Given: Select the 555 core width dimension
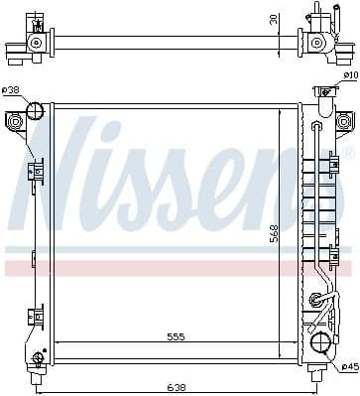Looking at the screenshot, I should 176,337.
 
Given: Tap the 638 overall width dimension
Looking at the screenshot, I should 180,386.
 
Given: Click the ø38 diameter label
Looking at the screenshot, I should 11,90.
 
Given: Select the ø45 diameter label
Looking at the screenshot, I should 348,366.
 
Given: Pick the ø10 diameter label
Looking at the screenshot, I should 349,75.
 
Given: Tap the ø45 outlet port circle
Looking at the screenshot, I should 320,343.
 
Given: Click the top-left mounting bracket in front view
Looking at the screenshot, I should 15,122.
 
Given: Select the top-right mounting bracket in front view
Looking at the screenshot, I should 343,122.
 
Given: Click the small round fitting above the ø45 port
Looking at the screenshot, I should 316,300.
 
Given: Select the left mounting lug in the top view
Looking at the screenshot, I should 37,43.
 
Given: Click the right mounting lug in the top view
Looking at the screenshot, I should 318,43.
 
